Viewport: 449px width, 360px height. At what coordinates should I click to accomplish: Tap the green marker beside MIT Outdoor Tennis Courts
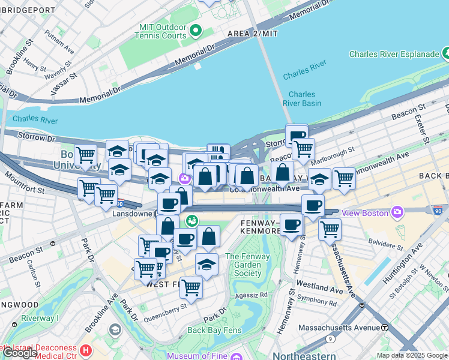(x=195, y=30)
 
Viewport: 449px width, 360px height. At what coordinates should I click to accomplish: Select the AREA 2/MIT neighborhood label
(x=253, y=34)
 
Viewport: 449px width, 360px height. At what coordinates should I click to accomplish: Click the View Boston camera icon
(x=397, y=212)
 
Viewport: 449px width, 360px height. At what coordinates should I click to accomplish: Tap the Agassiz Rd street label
(x=252, y=295)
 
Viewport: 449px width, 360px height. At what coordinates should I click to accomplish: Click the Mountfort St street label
(x=24, y=183)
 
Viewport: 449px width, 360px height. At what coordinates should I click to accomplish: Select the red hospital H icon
(x=86, y=350)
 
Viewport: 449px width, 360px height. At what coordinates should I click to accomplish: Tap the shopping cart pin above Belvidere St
(x=330, y=228)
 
